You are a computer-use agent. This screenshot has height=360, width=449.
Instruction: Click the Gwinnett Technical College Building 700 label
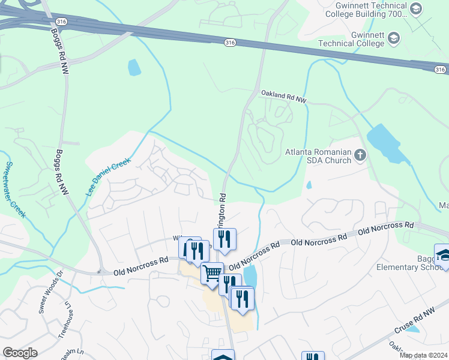[369, 10]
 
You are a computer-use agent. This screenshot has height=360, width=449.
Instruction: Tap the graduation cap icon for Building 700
[417, 8]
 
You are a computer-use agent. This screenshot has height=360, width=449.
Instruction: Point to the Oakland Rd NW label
[283, 97]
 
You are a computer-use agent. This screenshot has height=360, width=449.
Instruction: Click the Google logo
[20, 353]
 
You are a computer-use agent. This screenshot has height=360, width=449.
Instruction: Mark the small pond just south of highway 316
[134, 67]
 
